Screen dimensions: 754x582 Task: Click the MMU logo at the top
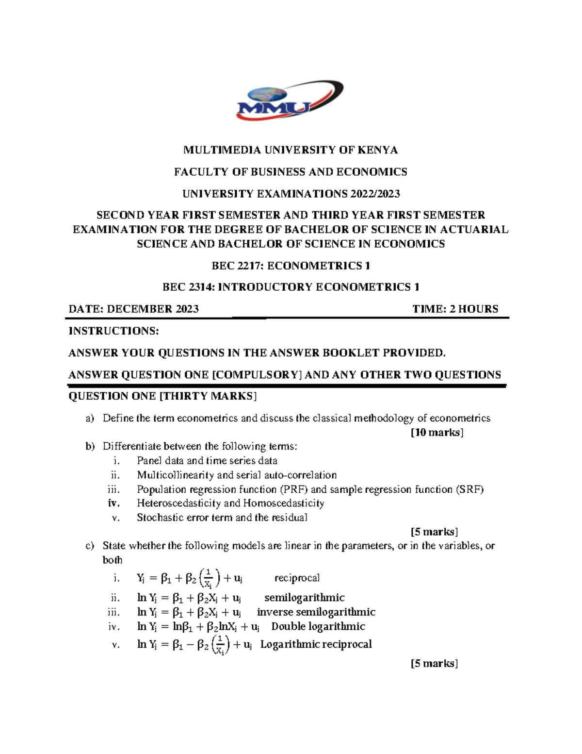[290, 101]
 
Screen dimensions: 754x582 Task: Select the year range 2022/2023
[373, 194]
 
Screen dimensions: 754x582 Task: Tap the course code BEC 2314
[188, 287]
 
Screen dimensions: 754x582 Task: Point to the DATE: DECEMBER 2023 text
[133, 309]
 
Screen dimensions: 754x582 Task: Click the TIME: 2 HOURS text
[455, 309]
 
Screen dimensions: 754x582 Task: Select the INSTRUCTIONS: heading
[113, 331]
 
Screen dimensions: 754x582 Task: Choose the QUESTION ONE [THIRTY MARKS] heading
[162, 396]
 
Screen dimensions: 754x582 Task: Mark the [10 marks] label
[436, 433]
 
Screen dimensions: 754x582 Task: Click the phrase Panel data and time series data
[207, 460]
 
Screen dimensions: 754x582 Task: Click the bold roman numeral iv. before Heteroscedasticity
[114, 503]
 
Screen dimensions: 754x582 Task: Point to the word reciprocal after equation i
[297, 578]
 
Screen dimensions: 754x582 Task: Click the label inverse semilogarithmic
[316, 612]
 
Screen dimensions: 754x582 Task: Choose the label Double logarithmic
[318, 626]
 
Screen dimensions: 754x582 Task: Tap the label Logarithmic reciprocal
[316, 644]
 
